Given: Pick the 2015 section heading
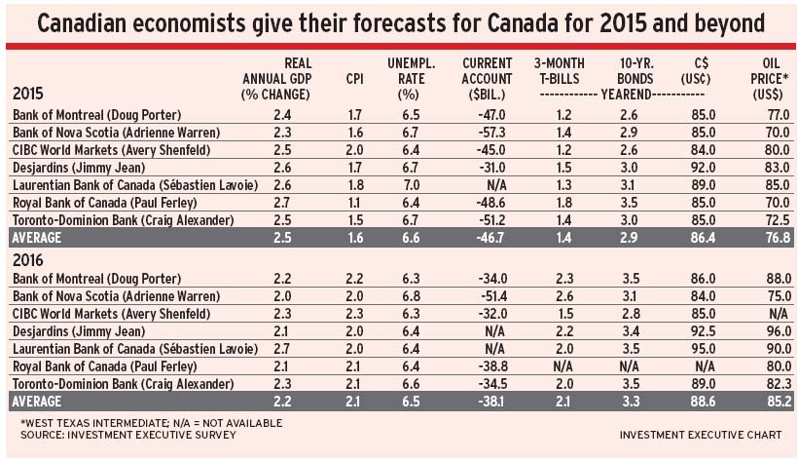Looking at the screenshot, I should click(x=28, y=95).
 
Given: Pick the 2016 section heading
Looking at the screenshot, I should click(x=28, y=260).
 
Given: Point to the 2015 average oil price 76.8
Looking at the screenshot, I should click(x=775, y=237).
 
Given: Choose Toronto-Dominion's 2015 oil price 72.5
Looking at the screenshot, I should click(x=775, y=219).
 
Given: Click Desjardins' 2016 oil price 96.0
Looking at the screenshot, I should click(x=775, y=330).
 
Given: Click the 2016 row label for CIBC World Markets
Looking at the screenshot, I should click(x=111, y=313).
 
